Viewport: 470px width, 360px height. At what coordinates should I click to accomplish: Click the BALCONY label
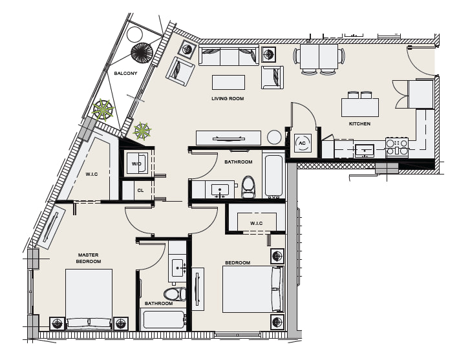click(x=125, y=73)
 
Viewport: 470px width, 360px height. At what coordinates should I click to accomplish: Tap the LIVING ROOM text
click(x=228, y=98)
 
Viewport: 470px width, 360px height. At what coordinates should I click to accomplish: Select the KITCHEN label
click(x=359, y=123)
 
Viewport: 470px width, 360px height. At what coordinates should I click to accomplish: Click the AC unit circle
click(x=302, y=143)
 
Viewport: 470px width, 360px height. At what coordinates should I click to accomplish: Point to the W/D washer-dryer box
click(x=137, y=164)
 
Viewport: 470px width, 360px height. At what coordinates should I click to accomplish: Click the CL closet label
click(x=140, y=191)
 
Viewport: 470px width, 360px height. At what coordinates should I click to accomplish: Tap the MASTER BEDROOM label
click(x=88, y=258)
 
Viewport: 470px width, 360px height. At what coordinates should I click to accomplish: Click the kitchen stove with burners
click(x=397, y=147)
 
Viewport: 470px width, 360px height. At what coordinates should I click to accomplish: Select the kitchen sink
click(x=365, y=151)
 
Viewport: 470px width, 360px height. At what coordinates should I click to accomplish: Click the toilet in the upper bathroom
click(x=248, y=187)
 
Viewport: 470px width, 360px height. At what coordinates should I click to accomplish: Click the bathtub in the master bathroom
click(x=164, y=319)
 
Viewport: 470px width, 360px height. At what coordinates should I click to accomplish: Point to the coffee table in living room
click(x=228, y=82)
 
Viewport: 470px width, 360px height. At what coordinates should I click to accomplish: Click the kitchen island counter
click(x=359, y=107)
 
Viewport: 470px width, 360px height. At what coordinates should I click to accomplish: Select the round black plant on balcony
click(x=142, y=53)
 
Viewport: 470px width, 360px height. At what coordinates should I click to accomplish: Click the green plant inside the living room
click(x=142, y=131)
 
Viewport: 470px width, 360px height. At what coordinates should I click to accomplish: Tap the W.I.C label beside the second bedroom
click(x=256, y=224)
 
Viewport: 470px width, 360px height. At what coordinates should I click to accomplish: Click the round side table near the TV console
click(x=274, y=138)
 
